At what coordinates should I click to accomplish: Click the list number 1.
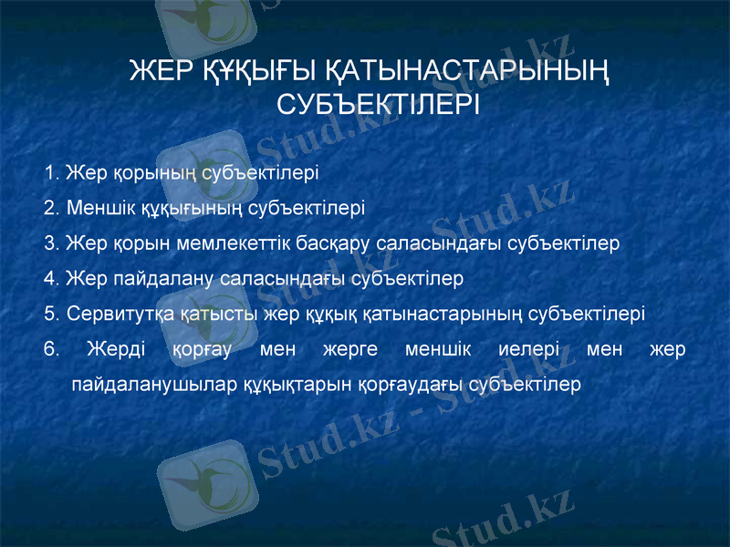coord(50,171)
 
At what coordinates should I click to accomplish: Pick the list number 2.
coord(50,207)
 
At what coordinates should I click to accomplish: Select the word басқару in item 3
coord(338,243)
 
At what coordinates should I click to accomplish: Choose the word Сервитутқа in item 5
coord(116,315)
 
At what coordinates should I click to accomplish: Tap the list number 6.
coord(51,349)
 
